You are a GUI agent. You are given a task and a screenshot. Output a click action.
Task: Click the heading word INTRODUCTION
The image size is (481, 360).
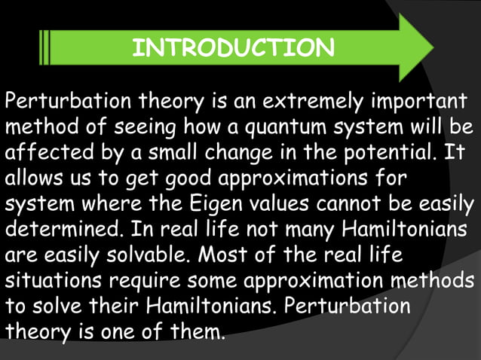233,48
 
